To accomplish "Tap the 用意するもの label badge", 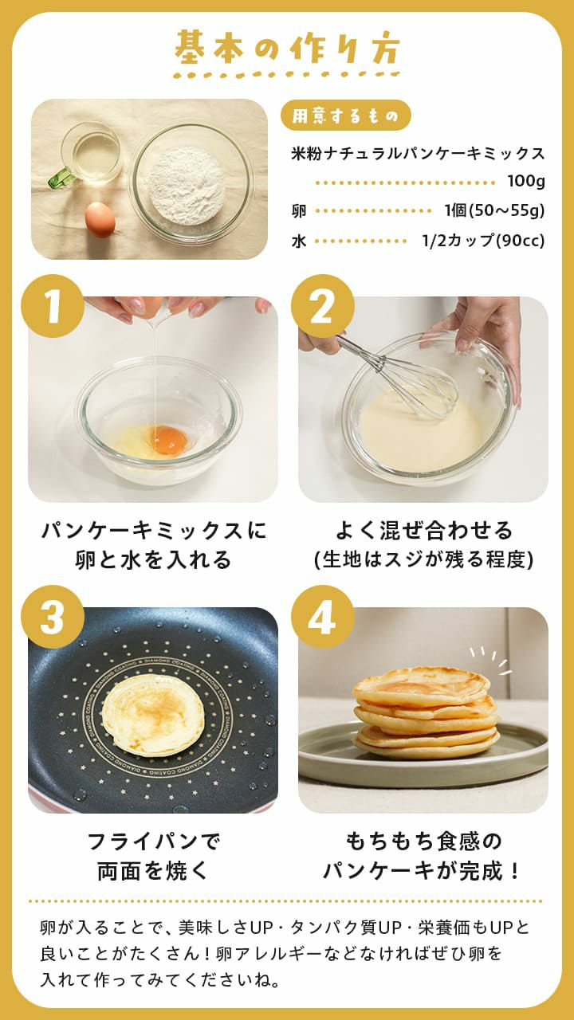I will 345,116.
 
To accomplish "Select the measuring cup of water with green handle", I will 88,155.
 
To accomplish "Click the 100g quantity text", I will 525,182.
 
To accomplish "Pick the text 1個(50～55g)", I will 494,211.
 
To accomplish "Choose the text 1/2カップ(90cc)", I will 483,241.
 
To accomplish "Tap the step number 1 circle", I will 53,306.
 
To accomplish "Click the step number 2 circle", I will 323,306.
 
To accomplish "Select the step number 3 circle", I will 53,617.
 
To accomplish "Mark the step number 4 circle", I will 323,617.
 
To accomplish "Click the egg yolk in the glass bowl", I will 167,439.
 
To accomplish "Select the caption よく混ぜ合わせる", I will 423,531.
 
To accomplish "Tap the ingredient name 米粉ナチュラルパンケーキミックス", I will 418,154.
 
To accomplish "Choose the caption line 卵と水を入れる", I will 153,560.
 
